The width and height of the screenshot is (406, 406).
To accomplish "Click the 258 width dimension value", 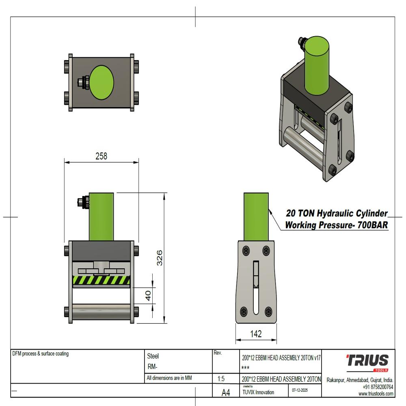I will pyautogui.click(x=101, y=156).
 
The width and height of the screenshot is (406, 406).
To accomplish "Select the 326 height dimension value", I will pyautogui.click(x=160, y=258).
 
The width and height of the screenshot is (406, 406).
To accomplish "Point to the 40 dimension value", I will pyautogui.click(x=148, y=296).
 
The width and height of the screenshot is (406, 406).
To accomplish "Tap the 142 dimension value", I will pyautogui.click(x=256, y=334).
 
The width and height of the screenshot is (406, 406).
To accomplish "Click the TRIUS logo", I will pyautogui.click(x=367, y=361).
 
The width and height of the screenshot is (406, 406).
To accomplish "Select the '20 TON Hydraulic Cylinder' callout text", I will pyautogui.click(x=337, y=213).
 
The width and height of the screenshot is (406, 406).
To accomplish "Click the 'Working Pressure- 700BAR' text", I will pyautogui.click(x=337, y=225).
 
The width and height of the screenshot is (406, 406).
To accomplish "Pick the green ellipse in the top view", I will pyautogui.click(x=101, y=83).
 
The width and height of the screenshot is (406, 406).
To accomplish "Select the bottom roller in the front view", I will pyautogui.click(x=101, y=312).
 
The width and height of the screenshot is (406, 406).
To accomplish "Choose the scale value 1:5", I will pyautogui.click(x=221, y=379).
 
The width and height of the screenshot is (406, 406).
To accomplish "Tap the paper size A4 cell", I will pyautogui.click(x=226, y=392).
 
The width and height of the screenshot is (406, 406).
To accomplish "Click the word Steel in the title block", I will pyautogui.click(x=153, y=356).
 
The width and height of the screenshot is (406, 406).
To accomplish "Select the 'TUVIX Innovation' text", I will pyautogui.click(x=258, y=393).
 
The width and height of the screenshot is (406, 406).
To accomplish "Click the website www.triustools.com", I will pyautogui.click(x=376, y=394).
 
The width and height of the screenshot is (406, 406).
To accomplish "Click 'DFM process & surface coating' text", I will pyautogui.click(x=41, y=354).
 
